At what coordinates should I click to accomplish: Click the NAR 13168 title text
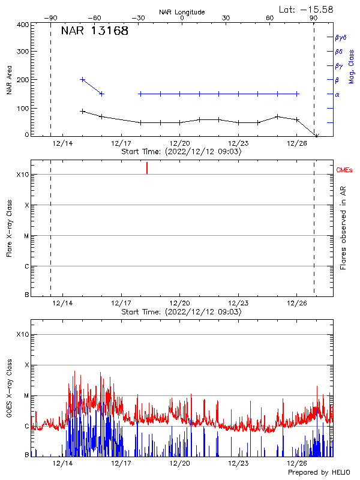pyautogui.click(x=95, y=31)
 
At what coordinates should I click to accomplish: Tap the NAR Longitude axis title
pyautogui.click(x=182, y=12)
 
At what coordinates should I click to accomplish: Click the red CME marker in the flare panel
pyautogui.click(x=147, y=168)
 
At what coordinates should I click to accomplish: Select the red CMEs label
pyautogui.click(x=345, y=170)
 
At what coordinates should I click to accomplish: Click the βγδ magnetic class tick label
pyautogui.click(x=341, y=37)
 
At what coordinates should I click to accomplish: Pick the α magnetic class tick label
pyautogui.click(x=337, y=94)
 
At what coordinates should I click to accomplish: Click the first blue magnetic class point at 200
pyautogui.click(x=83, y=79)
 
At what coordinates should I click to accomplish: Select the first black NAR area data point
pyautogui.click(x=83, y=111)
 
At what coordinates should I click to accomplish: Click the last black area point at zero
pyautogui.click(x=317, y=136)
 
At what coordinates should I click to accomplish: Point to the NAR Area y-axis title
pyautogui.click(x=9, y=80)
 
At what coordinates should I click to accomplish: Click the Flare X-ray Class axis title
pyautogui.click(x=9, y=227)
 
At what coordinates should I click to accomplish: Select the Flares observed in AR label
pyautogui.click(x=344, y=227)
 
